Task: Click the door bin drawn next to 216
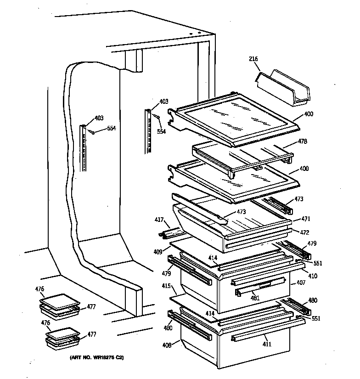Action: [285, 88]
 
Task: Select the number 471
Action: [306, 220]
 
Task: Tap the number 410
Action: [312, 276]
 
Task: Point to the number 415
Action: [166, 286]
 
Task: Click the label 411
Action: [266, 344]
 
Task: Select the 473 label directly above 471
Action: [299, 200]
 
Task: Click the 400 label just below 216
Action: [309, 114]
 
